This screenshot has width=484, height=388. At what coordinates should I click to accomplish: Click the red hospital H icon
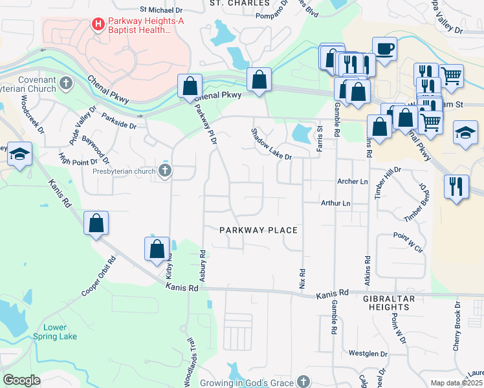click(x=98, y=25)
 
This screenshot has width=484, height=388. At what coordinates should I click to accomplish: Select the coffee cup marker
click(x=384, y=48)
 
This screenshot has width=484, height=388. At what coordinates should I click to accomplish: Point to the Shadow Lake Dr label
click(x=272, y=144)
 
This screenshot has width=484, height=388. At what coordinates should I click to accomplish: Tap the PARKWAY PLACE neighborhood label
click(x=258, y=230)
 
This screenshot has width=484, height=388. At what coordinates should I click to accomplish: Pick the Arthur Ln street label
click(x=336, y=203)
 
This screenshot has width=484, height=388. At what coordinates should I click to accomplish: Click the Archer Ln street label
click(x=353, y=182)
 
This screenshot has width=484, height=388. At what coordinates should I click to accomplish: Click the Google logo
click(x=21, y=380)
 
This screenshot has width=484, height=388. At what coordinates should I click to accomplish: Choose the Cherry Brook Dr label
click(x=457, y=326)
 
